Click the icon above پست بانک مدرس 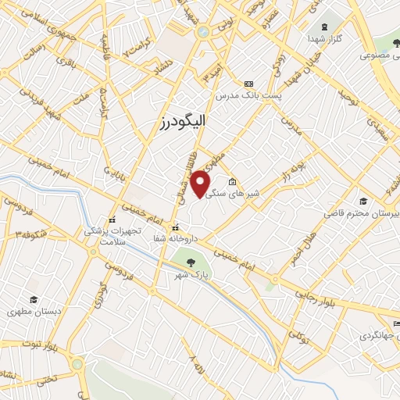(249, 84)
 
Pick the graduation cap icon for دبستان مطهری (34, 300)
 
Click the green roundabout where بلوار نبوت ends (77, 364)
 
